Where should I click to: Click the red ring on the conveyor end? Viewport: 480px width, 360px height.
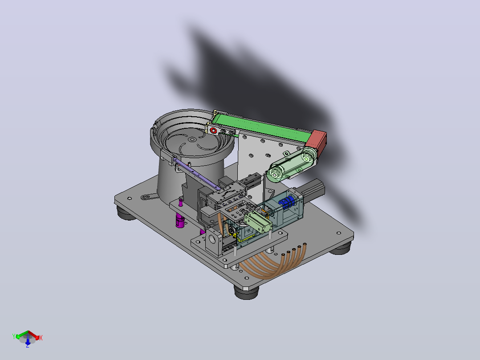214,131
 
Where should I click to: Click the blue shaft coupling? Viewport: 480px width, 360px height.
286,203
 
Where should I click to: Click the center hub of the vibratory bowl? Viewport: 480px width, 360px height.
192,139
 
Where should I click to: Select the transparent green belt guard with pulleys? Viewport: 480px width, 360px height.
291,165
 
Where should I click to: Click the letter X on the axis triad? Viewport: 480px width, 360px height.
41,338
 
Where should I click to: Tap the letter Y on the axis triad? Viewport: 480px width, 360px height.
14,336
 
